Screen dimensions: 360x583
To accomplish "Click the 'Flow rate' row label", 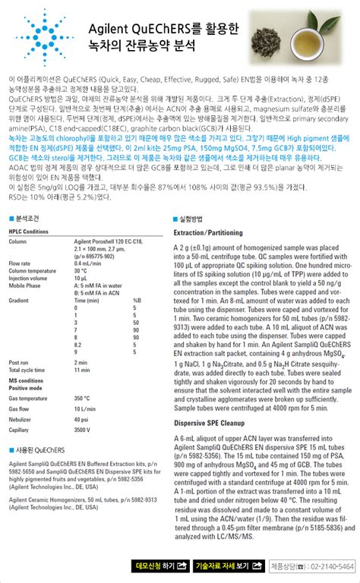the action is tap(21, 263).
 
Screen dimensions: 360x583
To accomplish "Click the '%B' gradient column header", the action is tap(137, 300).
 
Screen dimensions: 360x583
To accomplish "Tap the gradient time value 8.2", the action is tap(80, 344).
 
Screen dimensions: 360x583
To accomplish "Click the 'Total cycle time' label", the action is tap(31, 369).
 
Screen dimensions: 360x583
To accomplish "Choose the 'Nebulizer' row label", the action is tap(22, 419).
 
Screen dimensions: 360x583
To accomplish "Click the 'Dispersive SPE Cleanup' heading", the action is tap(210, 423).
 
